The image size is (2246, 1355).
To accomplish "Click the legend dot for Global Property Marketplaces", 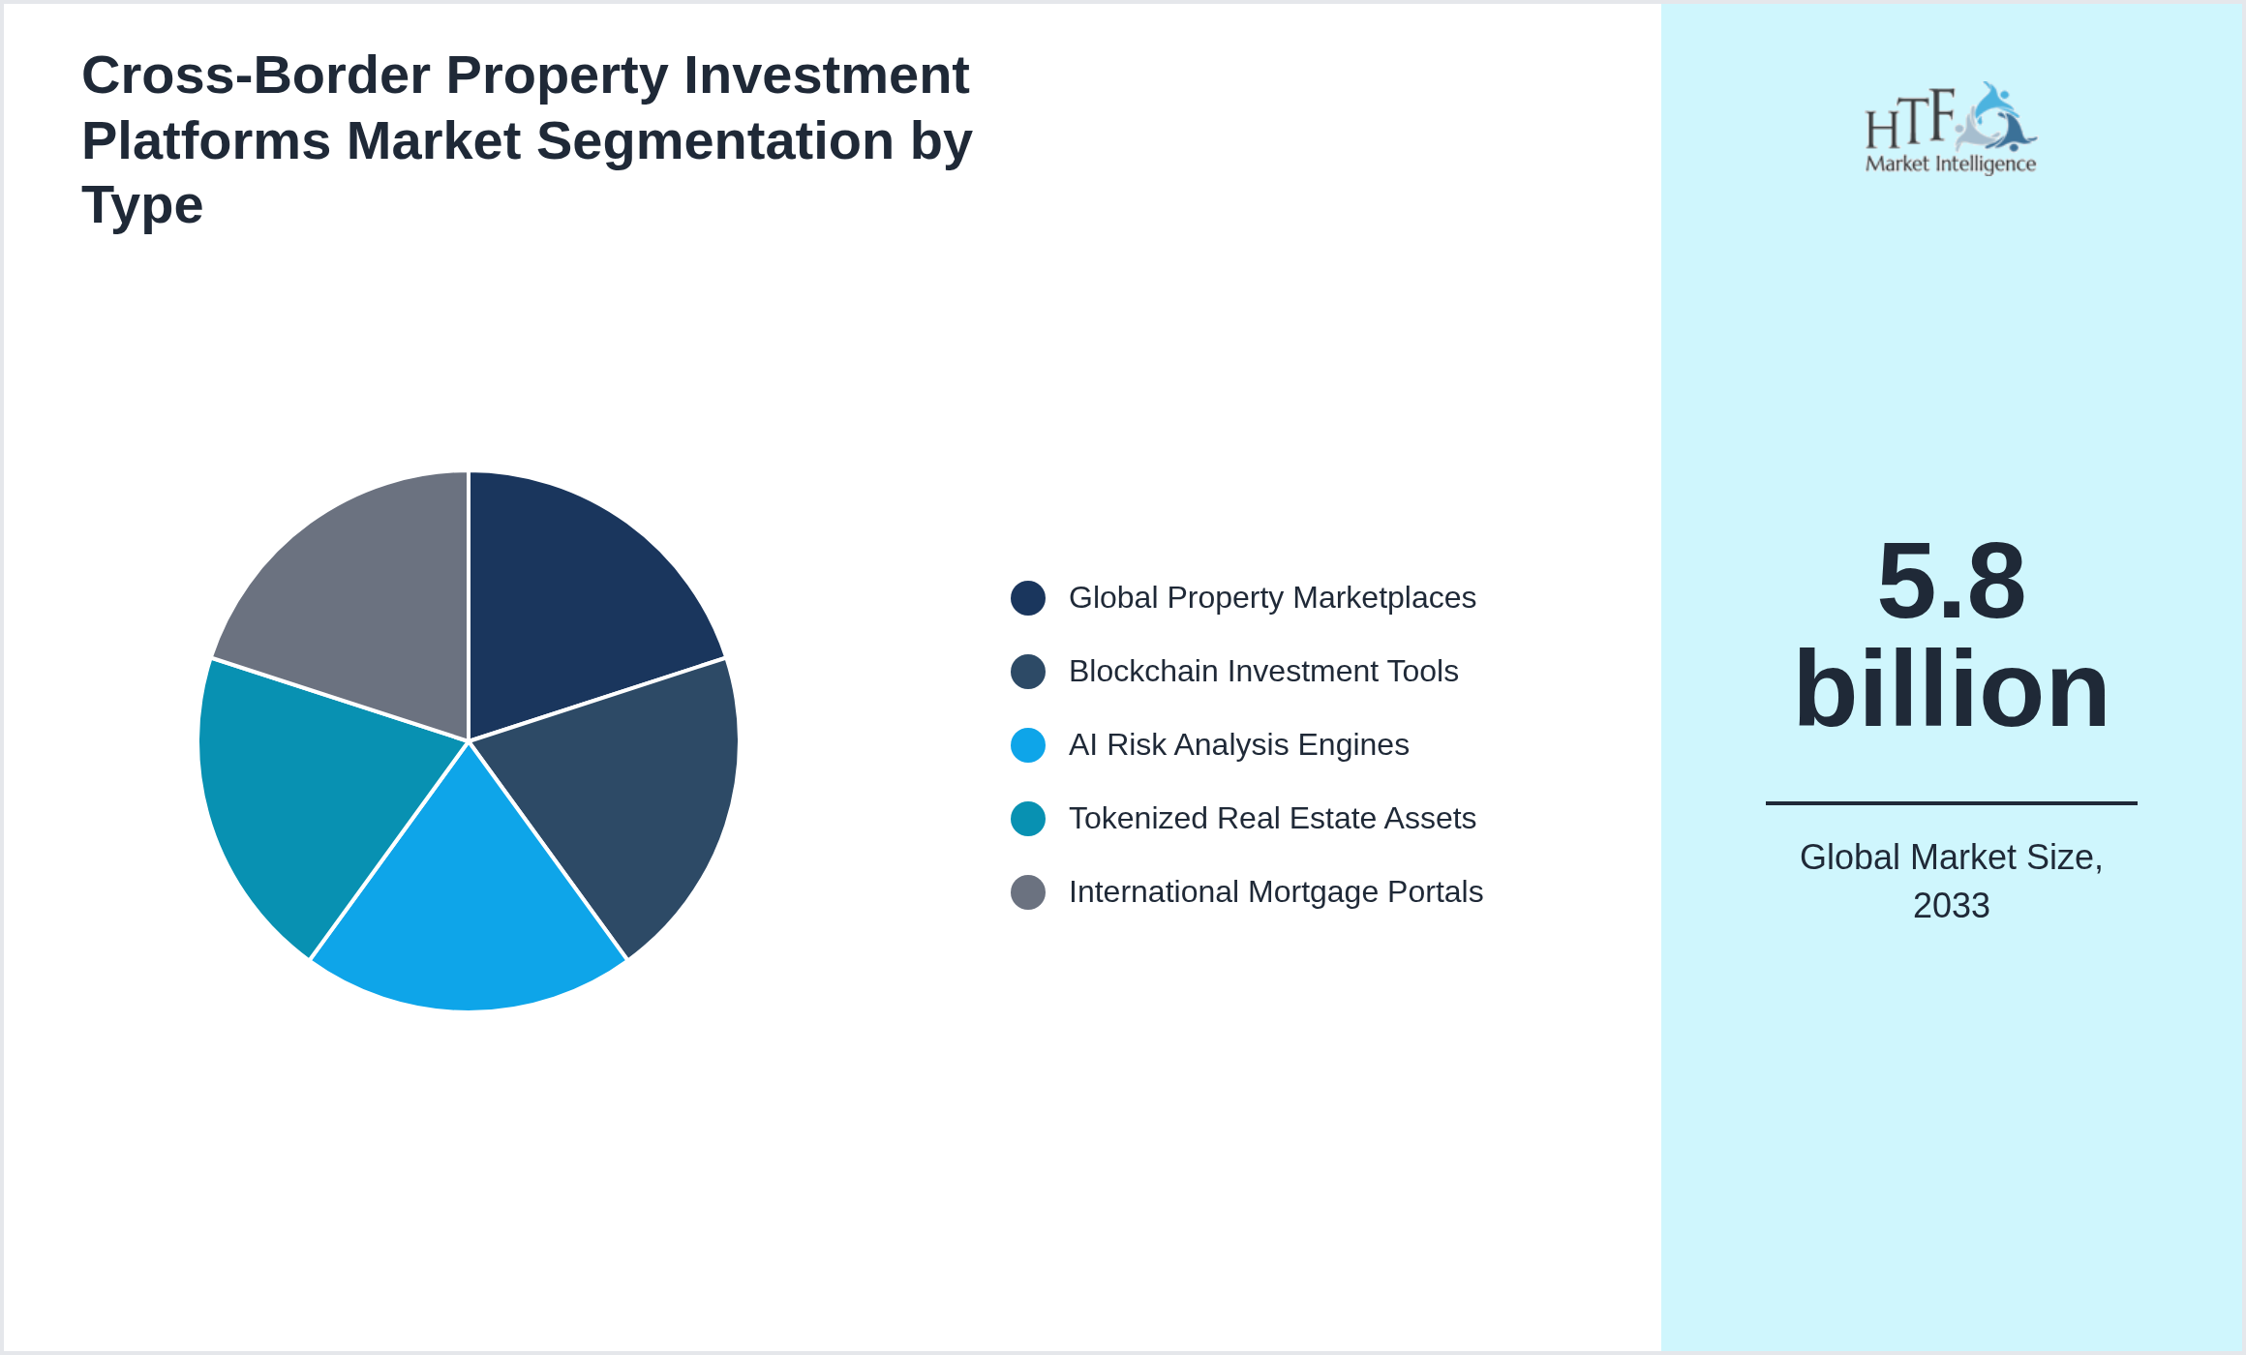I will tap(1027, 598).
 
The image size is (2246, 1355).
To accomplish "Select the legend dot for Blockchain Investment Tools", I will tap(1027, 672).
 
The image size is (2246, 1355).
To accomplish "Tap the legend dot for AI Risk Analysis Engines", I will tap(1027, 745).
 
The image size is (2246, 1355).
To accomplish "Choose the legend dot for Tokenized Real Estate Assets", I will tap(1027, 819).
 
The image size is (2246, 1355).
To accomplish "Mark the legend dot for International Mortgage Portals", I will tap(1027, 892).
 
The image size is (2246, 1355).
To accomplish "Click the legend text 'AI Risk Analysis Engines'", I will tap(1238, 745).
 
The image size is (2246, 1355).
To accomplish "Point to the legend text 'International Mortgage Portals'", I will tap(1275, 892).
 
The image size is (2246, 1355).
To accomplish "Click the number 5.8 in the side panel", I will tap(1951, 582).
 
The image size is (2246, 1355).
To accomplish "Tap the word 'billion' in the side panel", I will tap(1951, 689).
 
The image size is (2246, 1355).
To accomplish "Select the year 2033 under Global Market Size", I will tap(1951, 906).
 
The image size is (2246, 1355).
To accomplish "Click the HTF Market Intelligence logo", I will tap(1951, 129).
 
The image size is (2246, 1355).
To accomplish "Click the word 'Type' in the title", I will tap(142, 205).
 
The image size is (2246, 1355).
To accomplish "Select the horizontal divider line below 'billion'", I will tap(1951, 802).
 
